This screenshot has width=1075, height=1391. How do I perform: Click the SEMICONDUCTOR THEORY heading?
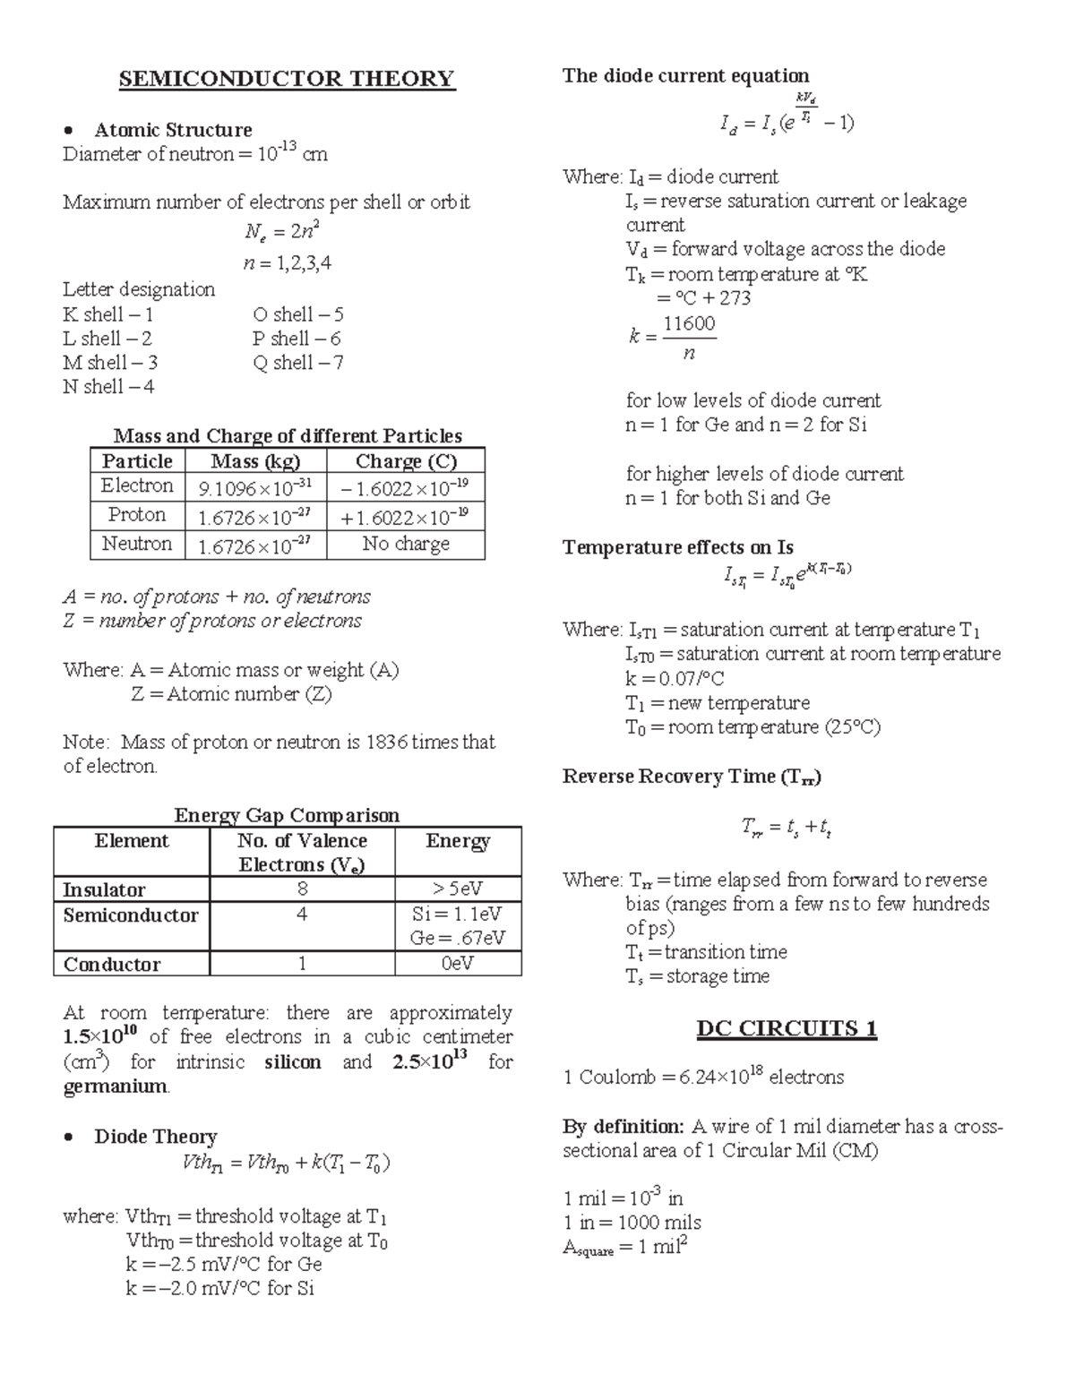287,79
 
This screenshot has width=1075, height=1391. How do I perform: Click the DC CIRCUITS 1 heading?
787,1028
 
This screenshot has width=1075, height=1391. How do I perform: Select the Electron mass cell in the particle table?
255,488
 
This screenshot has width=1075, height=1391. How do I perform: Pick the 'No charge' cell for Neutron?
406,544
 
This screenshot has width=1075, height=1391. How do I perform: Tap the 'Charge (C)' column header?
406,461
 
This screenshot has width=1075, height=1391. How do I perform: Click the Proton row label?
137,515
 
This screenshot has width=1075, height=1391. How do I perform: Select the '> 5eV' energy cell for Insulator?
457,889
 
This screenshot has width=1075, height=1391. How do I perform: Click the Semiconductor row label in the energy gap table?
131,915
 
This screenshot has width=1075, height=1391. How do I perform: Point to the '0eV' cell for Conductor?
457,964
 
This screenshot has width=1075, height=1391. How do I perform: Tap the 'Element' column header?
132,841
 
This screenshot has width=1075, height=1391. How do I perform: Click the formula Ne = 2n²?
282,232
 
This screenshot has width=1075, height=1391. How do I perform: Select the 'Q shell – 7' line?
297,363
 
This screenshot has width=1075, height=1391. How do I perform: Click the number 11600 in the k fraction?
689,323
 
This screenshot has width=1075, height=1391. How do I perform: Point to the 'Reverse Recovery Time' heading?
692,777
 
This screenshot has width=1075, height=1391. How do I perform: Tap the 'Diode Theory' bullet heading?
155,1137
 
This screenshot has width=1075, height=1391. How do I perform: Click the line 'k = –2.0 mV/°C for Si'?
220,1289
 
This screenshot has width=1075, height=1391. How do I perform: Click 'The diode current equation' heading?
685,76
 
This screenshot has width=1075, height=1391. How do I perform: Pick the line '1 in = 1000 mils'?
632,1223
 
